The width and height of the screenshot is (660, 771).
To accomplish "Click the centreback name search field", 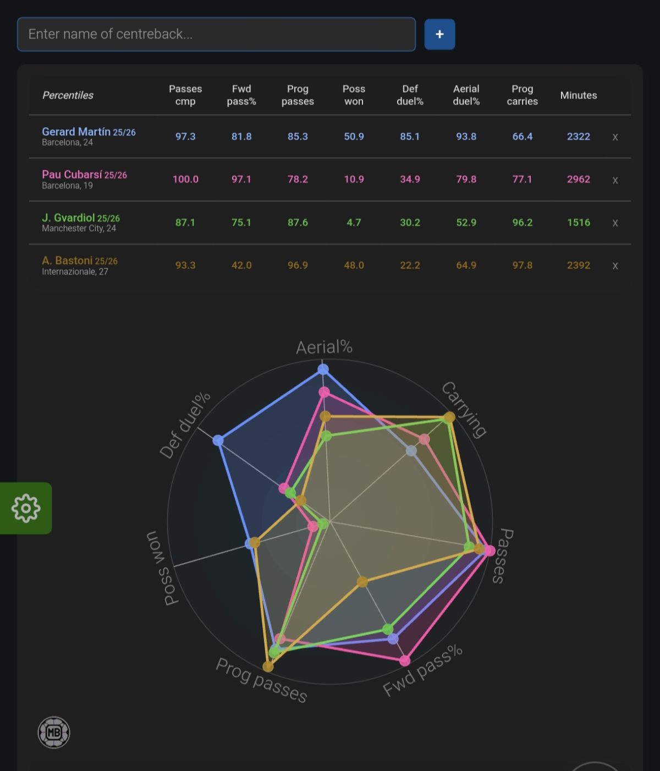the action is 216,34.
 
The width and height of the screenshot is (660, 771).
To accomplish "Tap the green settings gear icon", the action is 26,508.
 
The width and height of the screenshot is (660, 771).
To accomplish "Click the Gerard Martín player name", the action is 76,131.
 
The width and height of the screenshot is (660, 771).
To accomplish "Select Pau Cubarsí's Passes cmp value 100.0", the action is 185,179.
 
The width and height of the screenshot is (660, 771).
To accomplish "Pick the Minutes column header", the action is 578,95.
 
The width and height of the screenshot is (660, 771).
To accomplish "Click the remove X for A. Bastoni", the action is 615,266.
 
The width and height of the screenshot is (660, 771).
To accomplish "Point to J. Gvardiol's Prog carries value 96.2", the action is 522,223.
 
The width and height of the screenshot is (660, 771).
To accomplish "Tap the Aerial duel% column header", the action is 466,95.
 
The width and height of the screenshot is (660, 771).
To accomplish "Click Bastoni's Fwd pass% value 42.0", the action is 241,266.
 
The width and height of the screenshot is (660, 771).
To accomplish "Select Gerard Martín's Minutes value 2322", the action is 578,136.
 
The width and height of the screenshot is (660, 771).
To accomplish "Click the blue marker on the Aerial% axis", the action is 323,370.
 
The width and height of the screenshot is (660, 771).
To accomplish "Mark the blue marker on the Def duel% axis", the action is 218,440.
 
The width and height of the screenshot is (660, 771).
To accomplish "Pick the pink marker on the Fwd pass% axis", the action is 405,661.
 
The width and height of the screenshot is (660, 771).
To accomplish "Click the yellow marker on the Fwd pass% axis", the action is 362,581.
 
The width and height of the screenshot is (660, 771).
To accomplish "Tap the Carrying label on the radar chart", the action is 464,410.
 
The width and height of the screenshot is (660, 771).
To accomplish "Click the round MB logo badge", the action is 54,733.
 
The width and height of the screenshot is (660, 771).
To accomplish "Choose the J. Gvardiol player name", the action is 68,217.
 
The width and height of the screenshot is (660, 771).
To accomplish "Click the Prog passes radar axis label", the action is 262,680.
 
